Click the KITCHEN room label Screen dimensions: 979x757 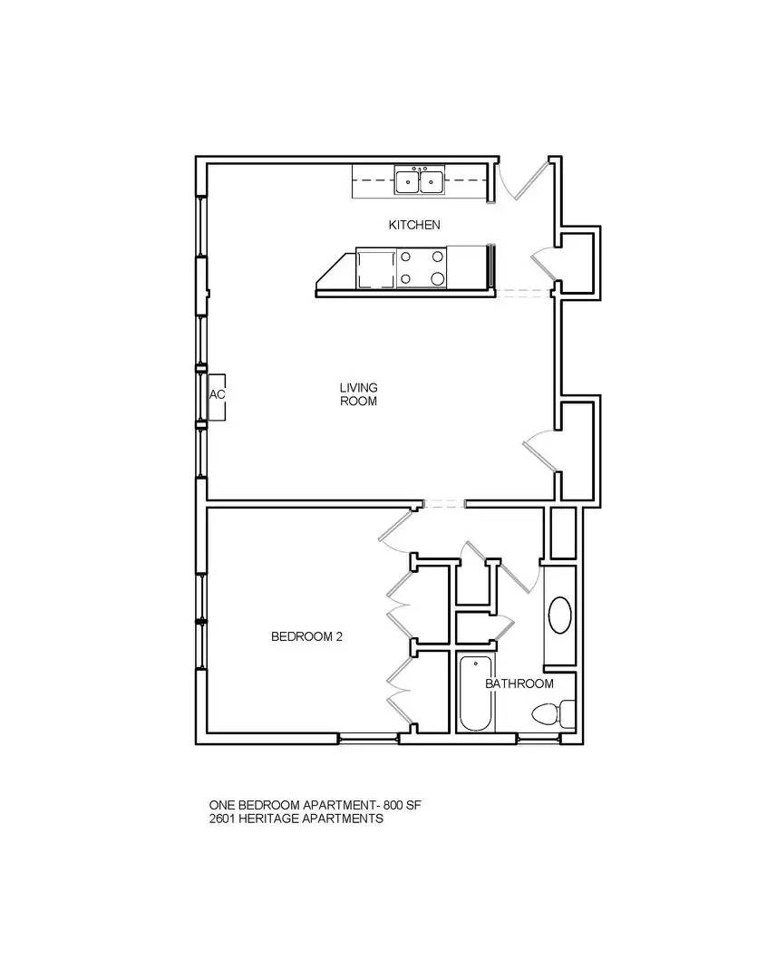coord(414,225)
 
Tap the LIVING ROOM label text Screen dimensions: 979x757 coord(358,394)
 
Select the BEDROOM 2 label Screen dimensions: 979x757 coord(306,637)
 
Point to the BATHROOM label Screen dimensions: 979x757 coord(519,683)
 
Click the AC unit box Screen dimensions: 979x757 coord(217,396)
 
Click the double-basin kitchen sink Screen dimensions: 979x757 coord(419,181)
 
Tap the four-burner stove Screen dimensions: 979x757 coord(422,269)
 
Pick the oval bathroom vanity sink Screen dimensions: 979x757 coord(560,616)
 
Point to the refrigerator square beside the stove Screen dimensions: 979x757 coord(374,269)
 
